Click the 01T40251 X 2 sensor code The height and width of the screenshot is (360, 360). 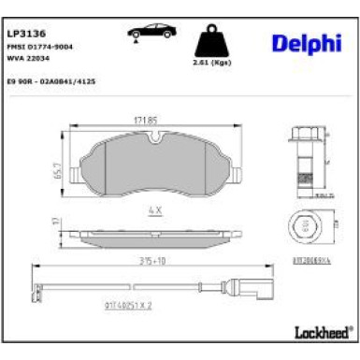coord(125,303)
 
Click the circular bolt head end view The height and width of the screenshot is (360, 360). coord(303,225)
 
